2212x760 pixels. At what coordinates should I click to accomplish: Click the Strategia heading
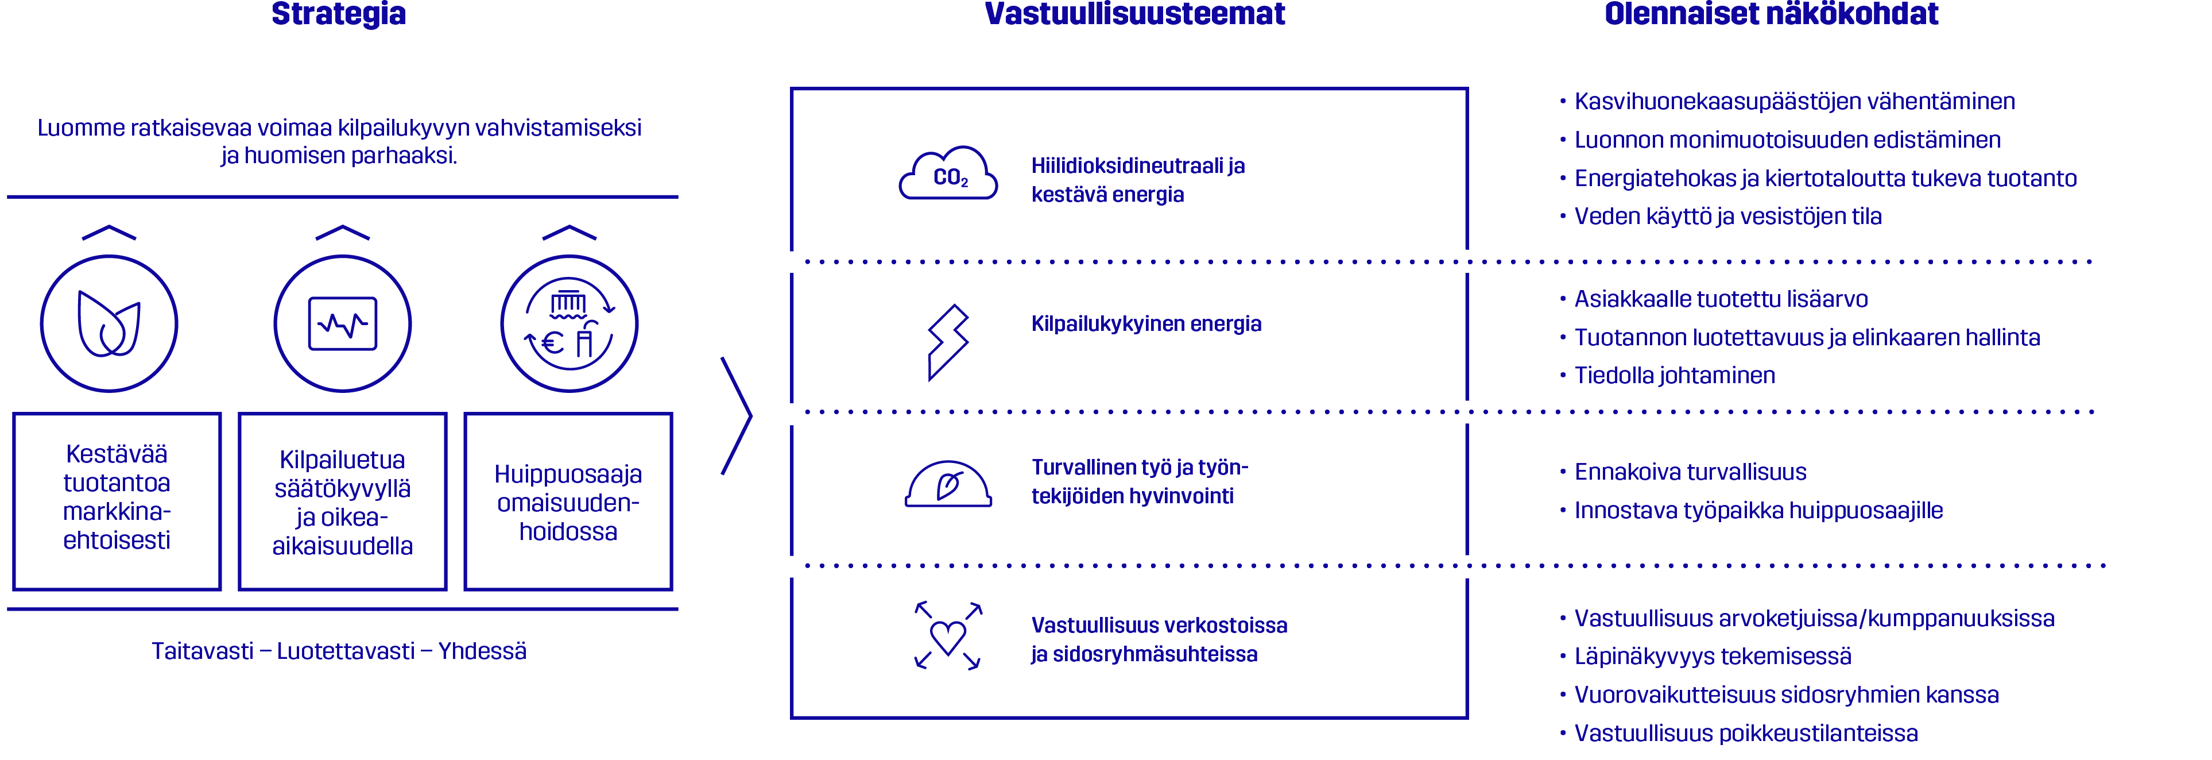338,14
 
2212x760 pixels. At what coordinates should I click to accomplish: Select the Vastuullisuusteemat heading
1134,14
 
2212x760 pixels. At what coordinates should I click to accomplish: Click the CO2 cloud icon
948,173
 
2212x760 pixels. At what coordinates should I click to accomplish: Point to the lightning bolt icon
947,342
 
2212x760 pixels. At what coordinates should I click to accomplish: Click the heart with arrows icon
948,635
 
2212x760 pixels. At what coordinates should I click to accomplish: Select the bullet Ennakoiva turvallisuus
1683,472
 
